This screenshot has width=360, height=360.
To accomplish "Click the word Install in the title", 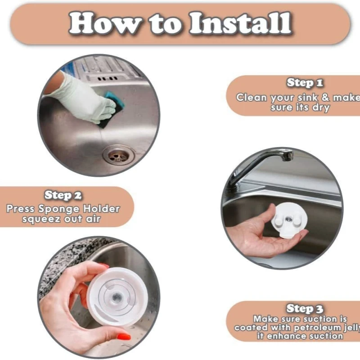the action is [x=241, y=23].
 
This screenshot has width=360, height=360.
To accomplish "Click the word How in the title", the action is [x=105, y=23].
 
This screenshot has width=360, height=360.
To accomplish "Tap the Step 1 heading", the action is [x=305, y=83].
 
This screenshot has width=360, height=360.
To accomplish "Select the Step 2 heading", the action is [x=63, y=195].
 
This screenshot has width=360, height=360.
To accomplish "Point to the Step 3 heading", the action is [x=305, y=309].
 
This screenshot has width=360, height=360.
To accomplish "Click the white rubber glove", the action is [x=85, y=98].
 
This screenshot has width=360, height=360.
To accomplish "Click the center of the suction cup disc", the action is [x=116, y=298].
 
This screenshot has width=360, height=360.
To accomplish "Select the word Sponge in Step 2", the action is [x=59, y=209].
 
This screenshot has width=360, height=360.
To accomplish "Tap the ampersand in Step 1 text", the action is [x=325, y=97].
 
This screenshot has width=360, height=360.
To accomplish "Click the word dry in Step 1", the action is [x=321, y=108].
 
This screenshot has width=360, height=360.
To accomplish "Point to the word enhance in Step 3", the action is [x=286, y=336].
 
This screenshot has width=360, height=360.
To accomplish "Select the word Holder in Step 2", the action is [x=101, y=209].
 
